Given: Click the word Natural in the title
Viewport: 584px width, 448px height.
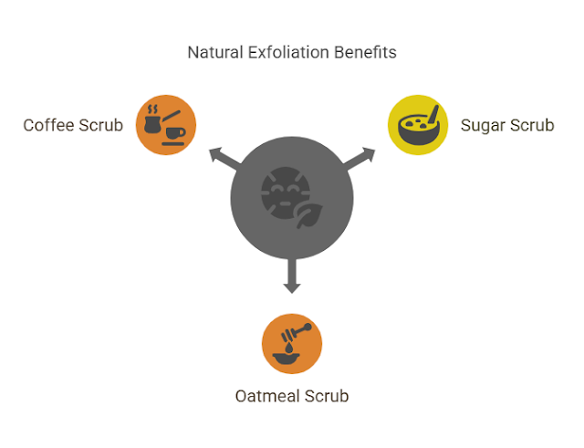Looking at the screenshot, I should [214, 52].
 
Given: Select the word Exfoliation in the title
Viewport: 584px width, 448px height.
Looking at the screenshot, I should [285, 52].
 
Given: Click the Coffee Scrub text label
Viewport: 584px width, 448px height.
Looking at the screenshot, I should [73, 125].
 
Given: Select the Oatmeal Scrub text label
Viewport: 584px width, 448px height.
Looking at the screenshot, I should [292, 396].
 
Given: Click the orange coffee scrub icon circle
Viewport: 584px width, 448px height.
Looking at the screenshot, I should [166, 125].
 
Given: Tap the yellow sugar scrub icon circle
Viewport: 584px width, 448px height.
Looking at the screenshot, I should [418, 125].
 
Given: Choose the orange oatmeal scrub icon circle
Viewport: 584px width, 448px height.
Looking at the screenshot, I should [292, 343].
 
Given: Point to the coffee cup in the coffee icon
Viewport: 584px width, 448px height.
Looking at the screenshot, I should [173, 133].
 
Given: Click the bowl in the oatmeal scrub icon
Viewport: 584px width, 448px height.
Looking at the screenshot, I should [291, 357].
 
